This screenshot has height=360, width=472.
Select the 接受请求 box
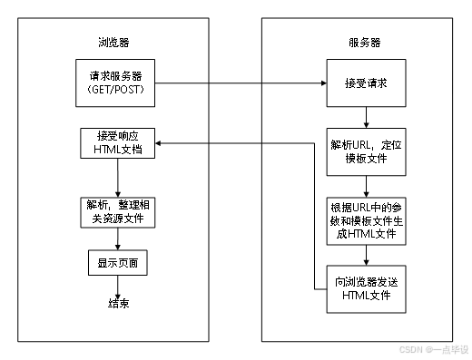click(x=364, y=83)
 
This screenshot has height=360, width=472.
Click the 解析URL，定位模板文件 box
click(x=364, y=151)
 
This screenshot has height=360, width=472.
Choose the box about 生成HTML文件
click(x=364, y=221)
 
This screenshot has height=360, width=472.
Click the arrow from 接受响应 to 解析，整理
click(x=115, y=178)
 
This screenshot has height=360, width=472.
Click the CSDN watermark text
click(x=431, y=348)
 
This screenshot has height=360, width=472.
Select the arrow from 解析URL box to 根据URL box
click(x=364, y=185)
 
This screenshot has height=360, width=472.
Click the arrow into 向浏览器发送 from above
click(x=364, y=257)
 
